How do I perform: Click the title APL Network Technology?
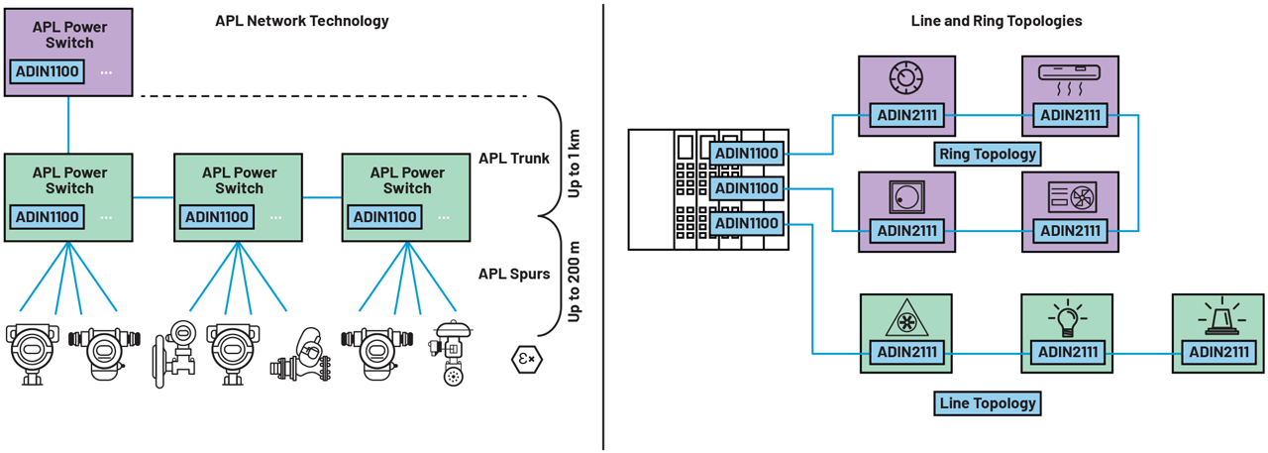click(302, 21)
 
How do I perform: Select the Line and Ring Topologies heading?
click(997, 21)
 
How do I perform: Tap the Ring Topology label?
click(987, 153)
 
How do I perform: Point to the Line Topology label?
click(987, 402)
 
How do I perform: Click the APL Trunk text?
click(513, 159)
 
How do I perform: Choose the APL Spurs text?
click(513, 274)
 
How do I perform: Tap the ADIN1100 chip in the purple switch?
click(47, 71)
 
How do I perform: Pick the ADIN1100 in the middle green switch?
click(216, 217)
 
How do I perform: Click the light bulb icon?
click(1068, 318)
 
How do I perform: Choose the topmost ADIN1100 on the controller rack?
click(747, 153)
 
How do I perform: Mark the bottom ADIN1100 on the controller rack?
click(747, 224)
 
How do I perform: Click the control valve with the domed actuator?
click(451, 352)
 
